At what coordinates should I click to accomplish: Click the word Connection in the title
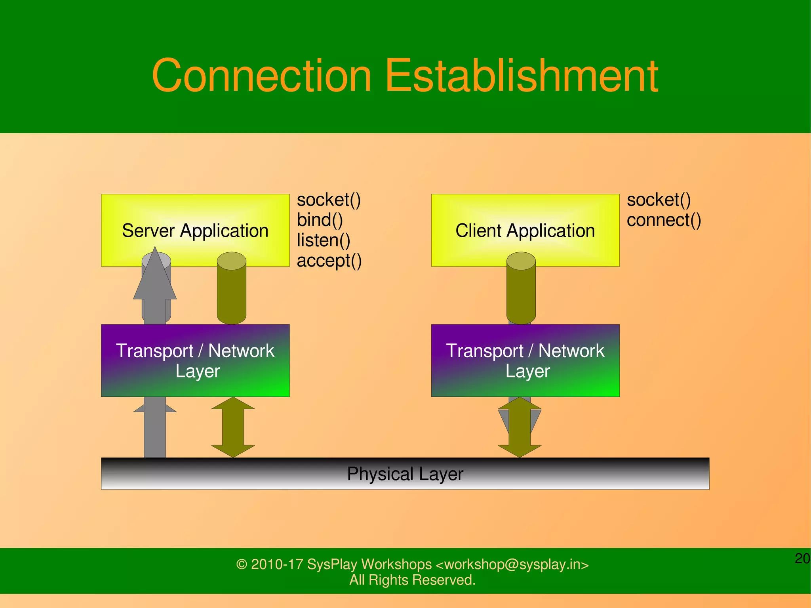tap(261, 75)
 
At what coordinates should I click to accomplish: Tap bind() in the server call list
tap(320, 220)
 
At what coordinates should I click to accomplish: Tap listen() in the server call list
tap(324, 240)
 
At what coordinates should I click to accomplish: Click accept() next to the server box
tap(329, 261)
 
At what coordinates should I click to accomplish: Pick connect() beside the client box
tap(664, 220)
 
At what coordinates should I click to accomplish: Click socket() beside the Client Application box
tap(659, 200)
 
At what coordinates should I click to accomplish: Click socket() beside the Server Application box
tap(329, 200)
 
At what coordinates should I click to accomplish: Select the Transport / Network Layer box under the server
tap(195, 360)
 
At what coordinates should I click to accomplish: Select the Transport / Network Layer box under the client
tap(525, 360)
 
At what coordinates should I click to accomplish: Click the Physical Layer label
tap(405, 474)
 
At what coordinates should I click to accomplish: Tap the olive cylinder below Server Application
tap(232, 293)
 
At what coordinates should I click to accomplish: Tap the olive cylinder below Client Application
tap(521, 293)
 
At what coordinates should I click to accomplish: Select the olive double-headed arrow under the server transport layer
tap(233, 427)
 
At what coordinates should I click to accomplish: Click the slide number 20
tap(802, 558)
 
